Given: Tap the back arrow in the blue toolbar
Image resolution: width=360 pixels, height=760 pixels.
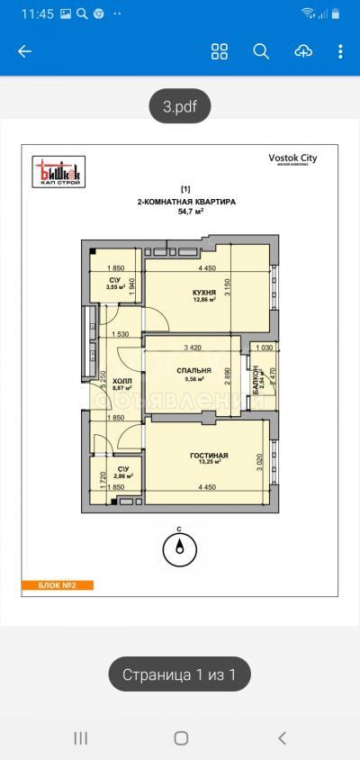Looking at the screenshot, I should (x=24, y=51).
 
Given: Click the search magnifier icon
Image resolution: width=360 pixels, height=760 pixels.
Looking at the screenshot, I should (x=261, y=51).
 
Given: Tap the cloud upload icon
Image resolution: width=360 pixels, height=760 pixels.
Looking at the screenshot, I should (x=303, y=51).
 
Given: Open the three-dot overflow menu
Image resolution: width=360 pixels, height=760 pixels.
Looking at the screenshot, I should (x=341, y=51).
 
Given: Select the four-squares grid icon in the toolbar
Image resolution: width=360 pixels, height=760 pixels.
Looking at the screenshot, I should (x=220, y=51).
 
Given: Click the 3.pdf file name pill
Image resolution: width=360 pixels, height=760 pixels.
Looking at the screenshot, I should (x=180, y=107).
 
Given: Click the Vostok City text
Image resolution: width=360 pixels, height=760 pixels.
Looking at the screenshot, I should (x=292, y=158).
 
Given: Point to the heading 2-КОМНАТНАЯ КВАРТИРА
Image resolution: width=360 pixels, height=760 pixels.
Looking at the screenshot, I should (x=186, y=203).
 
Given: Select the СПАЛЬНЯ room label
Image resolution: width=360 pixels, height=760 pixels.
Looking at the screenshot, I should (x=193, y=370).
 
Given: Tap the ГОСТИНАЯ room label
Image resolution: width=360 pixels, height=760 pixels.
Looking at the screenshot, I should (x=209, y=457).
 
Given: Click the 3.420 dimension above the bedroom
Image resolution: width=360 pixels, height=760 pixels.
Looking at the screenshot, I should (x=192, y=348).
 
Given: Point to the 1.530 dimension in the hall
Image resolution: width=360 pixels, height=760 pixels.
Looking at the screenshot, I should (x=121, y=335).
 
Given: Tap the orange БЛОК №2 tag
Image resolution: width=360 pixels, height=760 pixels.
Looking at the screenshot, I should (x=58, y=585).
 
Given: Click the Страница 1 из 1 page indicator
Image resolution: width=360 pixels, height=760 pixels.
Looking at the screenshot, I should (x=179, y=674).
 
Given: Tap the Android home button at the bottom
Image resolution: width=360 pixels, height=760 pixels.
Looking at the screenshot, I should (x=180, y=738).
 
